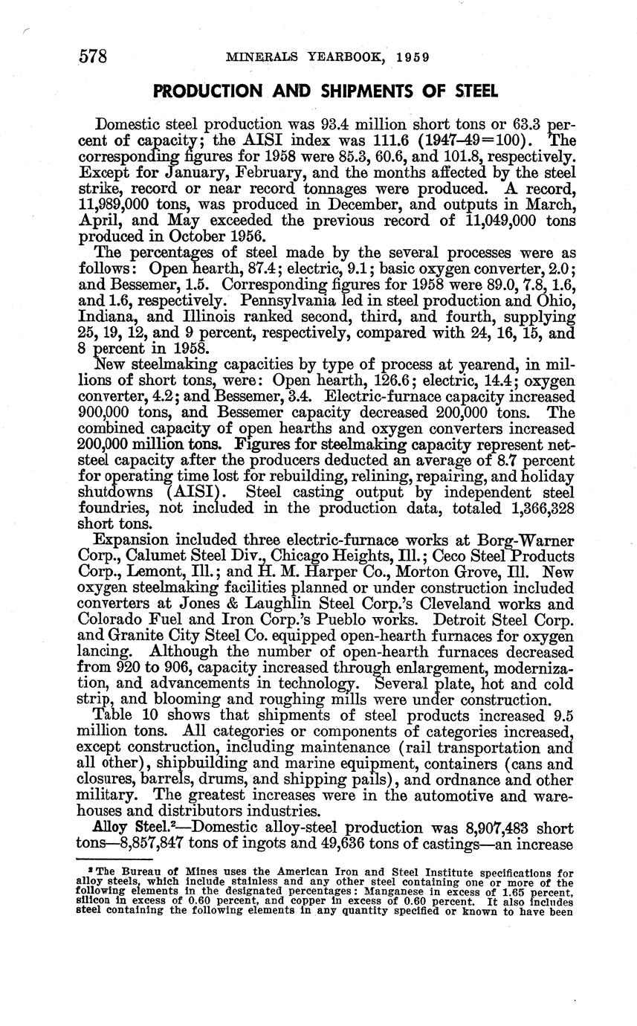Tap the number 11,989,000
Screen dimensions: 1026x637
point(120,204)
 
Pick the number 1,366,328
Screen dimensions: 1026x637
point(528,507)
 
